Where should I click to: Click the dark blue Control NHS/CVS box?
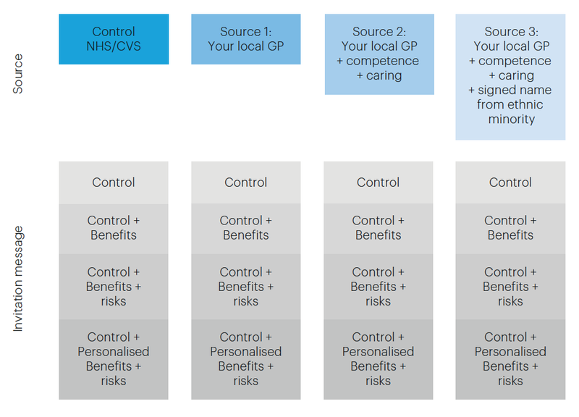pyautogui.click(x=114, y=39)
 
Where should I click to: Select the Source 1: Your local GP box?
pyautogui.click(x=246, y=39)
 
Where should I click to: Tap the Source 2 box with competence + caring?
pyautogui.click(x=379, y=54)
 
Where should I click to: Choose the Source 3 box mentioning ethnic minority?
pyautogui.click(x=510, y=77)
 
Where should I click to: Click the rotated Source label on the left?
pyautogui.click(x=17, y=74)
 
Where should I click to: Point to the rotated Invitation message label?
pyautogui.click(x=17, y=279)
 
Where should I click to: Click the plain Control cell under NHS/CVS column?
pyautogui.click(x=114, y=182)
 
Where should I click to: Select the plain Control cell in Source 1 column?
pyautogui.click(x=246, y=182)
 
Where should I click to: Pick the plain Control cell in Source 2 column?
pyautogui.click(x=378, y=182)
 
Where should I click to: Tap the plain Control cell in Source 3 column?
pyautogui.click(x=510, y=182)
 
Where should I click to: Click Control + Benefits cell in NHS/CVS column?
pyautogui.click(x=114, y=229)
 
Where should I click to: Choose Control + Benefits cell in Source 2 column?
pyautogui.click(x=378, y=229)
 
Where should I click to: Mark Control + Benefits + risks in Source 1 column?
pyautogui.click(x=246, y=287)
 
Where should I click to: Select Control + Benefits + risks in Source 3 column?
pyautogui.click(x=510, y=287)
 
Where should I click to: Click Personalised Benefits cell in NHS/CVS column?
pyautogui.click(x=114, y=359)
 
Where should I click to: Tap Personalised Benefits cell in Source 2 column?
pyautogui.click(x=378, y=359)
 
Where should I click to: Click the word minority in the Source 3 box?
pyautogui.click(x=512, y=119)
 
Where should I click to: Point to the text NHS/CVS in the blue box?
pyautogui.click(x=114, y=46)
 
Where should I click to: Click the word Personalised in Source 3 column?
pyautogui.click(x=510, y=352)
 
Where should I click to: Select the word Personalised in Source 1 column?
pyautogui.click(x=246, y=352)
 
